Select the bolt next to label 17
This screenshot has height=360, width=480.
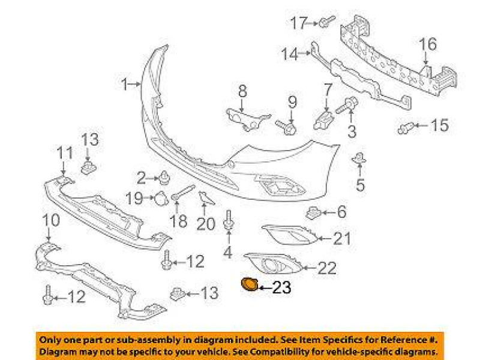[x=326, y=23]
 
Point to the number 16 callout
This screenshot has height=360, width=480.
[x=428, y=44]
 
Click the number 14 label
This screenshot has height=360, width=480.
[x=289, y=55]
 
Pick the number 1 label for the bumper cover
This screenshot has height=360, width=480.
[x=124, y=85]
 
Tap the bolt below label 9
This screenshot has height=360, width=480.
[x=288, y=127]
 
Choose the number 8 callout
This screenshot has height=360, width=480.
[x=242, y=91]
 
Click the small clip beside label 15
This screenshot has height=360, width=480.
[x=406, y=127]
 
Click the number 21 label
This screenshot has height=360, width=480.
[x=341, y=239]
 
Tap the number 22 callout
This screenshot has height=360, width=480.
[x=327, y=268]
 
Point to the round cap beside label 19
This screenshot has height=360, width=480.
[x=161, y=197]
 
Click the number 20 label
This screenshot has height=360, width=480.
[x=205, y=224]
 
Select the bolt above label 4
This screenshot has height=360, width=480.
[x=229, y=220]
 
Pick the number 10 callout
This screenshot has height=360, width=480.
[x=51, y=220]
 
